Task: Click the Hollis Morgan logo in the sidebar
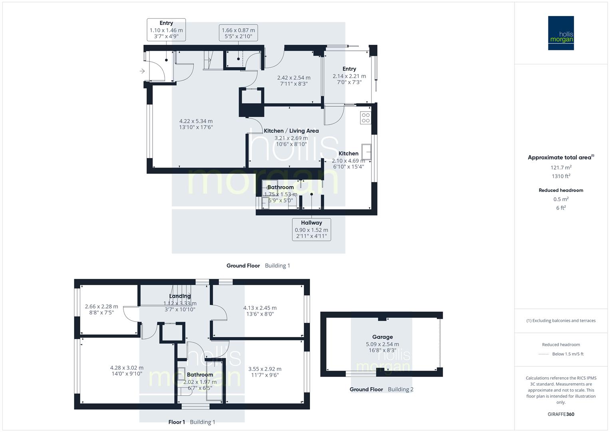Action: point(561,33)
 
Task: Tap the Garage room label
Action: point(382,337)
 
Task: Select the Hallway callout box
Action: point(311,229)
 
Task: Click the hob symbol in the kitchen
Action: point(366,118)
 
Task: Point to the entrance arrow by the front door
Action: point(142,71)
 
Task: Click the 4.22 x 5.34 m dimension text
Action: point(196,121)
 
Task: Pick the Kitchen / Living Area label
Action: point(291,131)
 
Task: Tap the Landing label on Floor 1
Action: point(180,296)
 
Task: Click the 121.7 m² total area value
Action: point(561,167)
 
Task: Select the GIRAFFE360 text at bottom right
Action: point(561,414)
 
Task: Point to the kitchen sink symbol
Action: point(366,151)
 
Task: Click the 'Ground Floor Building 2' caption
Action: point(381,389)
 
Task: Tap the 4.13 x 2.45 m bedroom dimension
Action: point(260,308)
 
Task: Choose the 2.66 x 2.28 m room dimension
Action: point(101,307)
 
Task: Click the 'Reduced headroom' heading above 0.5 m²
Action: point(561,190)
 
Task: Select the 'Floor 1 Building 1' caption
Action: point(192,422)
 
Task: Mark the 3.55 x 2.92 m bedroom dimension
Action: point(264,369)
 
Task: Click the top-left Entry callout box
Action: point(166,30)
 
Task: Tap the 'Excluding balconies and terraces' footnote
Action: point(561,320)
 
